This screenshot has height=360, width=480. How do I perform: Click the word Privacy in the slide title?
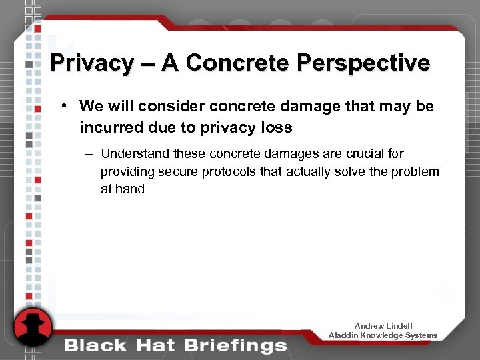coord(91,63)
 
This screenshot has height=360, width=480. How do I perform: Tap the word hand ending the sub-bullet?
coord(130,189)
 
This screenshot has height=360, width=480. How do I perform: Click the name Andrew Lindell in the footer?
coord(383,325)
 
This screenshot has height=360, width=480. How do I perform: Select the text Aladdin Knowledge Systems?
coord(383,335)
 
